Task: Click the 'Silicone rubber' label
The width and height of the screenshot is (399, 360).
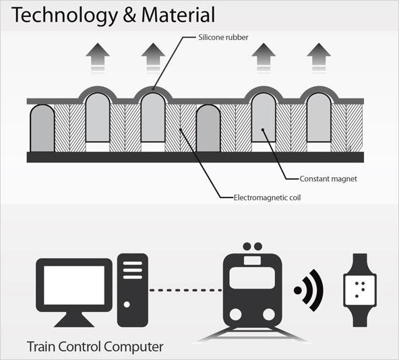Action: click(223, 38)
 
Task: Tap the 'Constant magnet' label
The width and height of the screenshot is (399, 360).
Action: click(328, 179)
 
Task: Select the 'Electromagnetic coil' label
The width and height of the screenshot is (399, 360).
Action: click(267, 198)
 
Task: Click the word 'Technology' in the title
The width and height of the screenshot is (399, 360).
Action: click(65, 16)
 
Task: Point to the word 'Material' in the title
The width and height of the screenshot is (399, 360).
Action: click(178, 15)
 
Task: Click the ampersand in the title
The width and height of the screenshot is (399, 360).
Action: click(129, 15)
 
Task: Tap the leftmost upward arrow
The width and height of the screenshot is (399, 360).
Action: click(98, 58)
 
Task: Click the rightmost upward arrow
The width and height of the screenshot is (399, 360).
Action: click(319, 58)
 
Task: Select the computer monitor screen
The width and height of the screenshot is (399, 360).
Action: click(74, 285)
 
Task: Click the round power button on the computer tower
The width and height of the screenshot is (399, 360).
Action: click(127, 304)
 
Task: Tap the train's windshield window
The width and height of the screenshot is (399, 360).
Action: click(252, 278)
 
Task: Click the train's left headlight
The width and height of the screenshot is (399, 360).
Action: click(235, 315)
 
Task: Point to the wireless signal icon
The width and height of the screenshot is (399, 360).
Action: click(309, 291)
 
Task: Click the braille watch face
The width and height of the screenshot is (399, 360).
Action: click(360, 290)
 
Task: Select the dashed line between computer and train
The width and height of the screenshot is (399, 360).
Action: click(185, 290)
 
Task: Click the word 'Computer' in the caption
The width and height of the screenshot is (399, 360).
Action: click(133, 347)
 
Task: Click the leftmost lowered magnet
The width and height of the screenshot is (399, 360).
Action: click(42, 128)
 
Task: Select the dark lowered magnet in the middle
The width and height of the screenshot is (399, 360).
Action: click(208, 128)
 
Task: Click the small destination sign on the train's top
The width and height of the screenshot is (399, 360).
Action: click(252, 260)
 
